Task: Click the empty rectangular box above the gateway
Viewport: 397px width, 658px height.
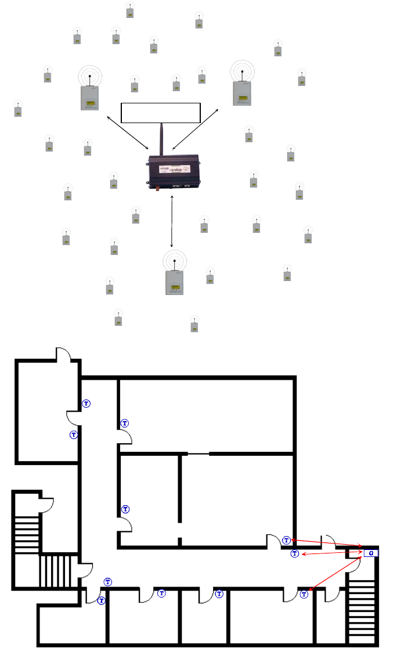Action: pyautogui.click(x=160, y=112)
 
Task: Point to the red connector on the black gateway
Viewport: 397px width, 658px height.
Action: pyautogui.click(x=156, y=188)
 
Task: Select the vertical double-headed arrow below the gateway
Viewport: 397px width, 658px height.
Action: pyautogui.click(x=172, y=222)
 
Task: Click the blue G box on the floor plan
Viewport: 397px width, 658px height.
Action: pyautogui.click(x=371, y=552)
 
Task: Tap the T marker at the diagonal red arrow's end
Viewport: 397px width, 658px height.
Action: pyautogui.click(x=303, y=594)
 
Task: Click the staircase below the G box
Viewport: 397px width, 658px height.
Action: pyautogui.click(x=362, y=614)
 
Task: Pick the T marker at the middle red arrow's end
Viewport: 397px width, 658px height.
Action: pyautogui.click(x=294, y=553)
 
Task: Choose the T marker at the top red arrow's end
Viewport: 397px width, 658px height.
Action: pyautogui.click(x=286, y=541)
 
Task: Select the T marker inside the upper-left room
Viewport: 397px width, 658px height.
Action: pyautogui.click(x=74, y=434)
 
